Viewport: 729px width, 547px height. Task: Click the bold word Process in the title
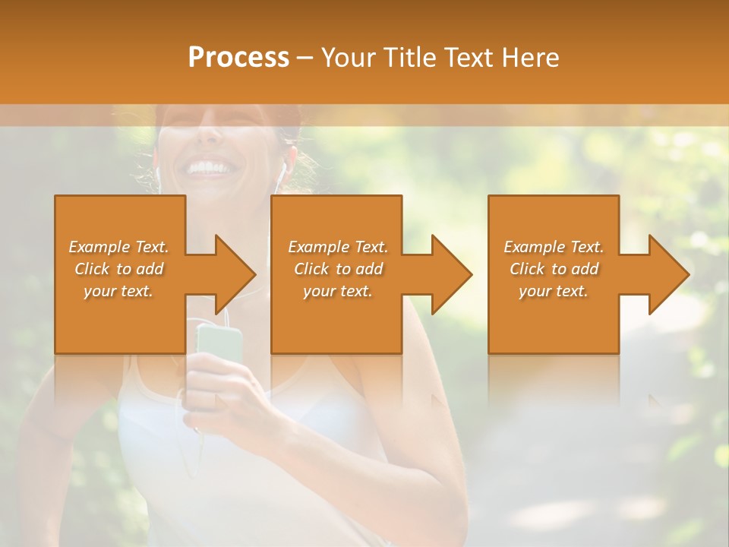(238, 58)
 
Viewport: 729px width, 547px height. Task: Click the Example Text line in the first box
(118, 247)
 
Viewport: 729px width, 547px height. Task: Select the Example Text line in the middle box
(337, 247)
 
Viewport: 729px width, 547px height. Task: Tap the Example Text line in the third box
(553, 247)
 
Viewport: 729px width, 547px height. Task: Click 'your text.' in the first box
(118, 291)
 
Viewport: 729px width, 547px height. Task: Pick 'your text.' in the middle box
(337, 291)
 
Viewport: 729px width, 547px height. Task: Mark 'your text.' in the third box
(553, 291)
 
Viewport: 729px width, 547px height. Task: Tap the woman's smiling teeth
(208, 166)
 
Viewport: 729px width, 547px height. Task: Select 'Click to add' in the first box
(118, 269)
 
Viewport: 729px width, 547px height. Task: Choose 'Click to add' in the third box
(553, 269)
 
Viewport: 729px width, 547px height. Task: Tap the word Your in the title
(346, 58)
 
